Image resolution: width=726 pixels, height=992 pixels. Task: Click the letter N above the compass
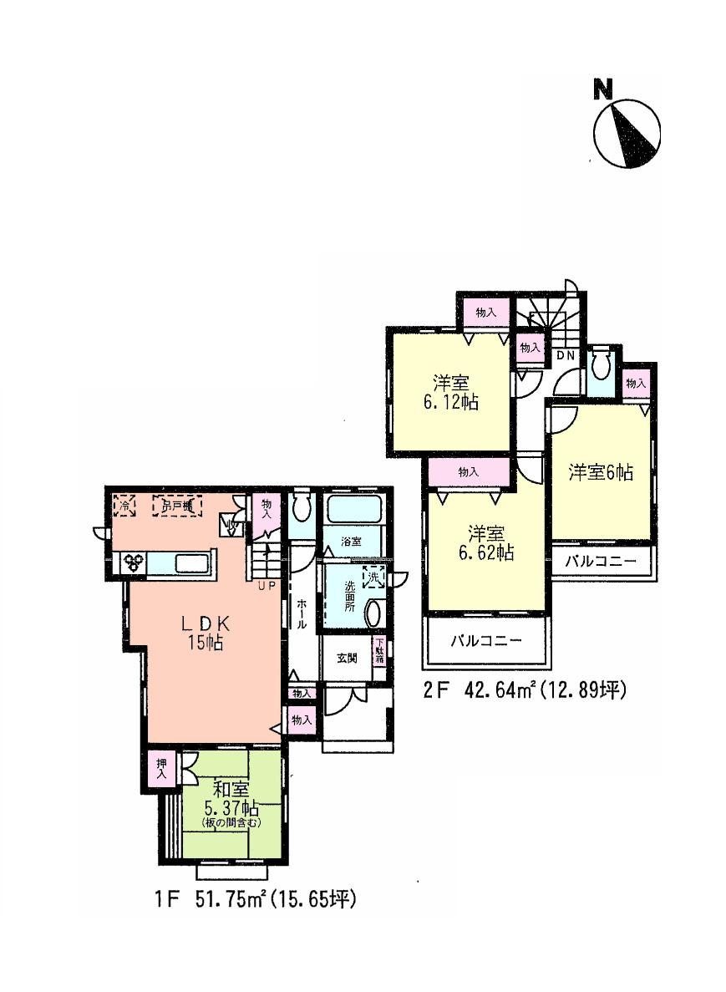coord(602,89)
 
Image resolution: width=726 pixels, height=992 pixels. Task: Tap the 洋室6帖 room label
coord(601,472)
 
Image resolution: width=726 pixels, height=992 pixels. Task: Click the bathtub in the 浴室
coord(353,509)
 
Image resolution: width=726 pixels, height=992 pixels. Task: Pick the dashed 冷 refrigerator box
coord(124,505)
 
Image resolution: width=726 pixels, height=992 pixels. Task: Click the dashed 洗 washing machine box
coord(375,576)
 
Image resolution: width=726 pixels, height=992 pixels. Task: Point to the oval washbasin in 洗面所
coord(373,613)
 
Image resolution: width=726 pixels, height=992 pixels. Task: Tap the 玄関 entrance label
coord(348,658)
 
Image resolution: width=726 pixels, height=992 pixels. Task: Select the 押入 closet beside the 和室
coord(160,770)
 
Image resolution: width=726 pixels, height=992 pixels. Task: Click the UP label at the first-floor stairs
coord(267,586)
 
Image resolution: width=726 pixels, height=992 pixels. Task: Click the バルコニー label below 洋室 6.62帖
coord(486,643)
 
